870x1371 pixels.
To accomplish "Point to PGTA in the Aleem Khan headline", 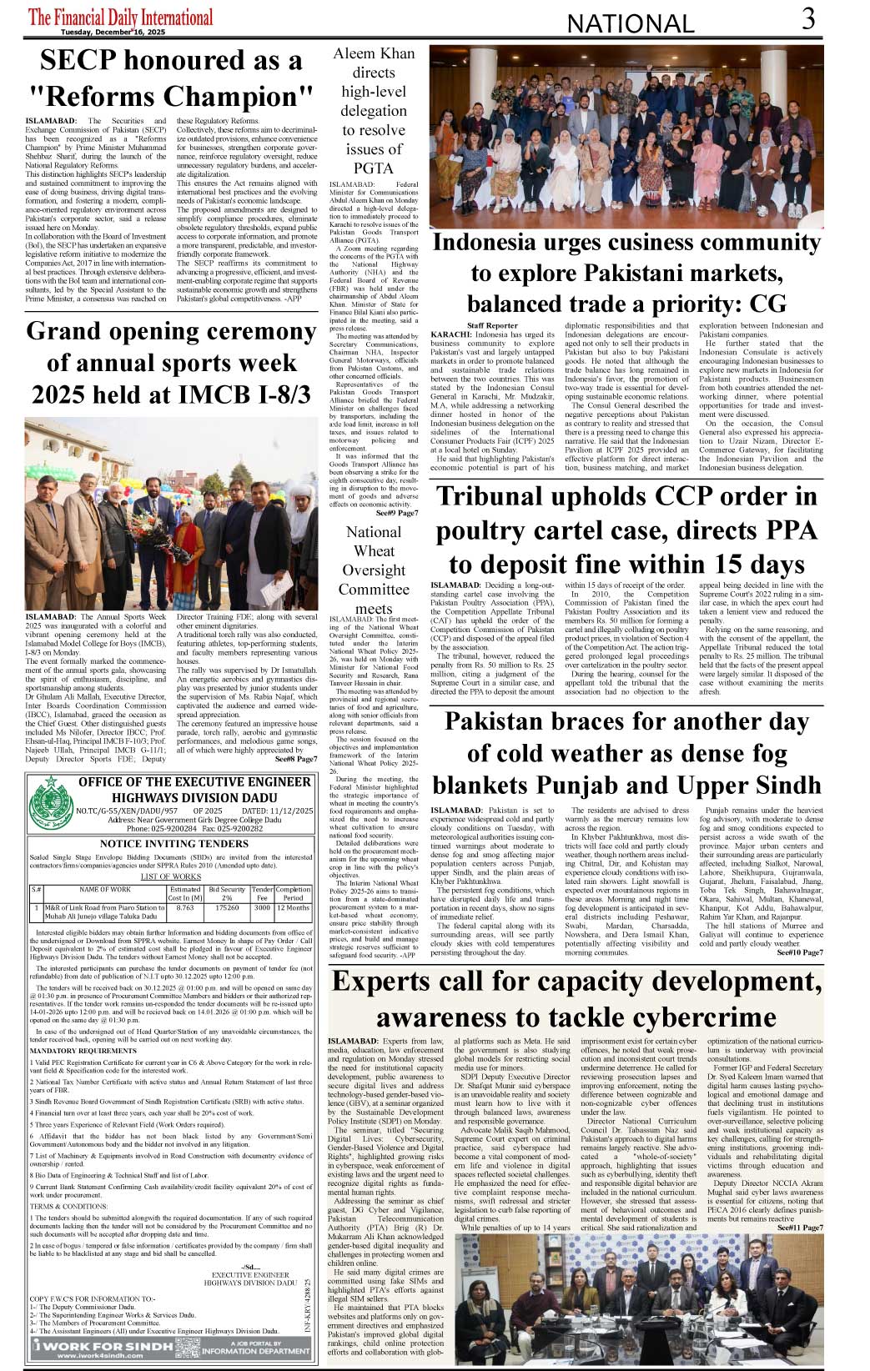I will click(374, 168).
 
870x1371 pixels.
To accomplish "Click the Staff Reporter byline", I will click(492, 325).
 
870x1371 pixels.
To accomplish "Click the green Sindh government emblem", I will click(52, 801).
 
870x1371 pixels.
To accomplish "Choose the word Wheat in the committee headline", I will click(374, 551).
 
